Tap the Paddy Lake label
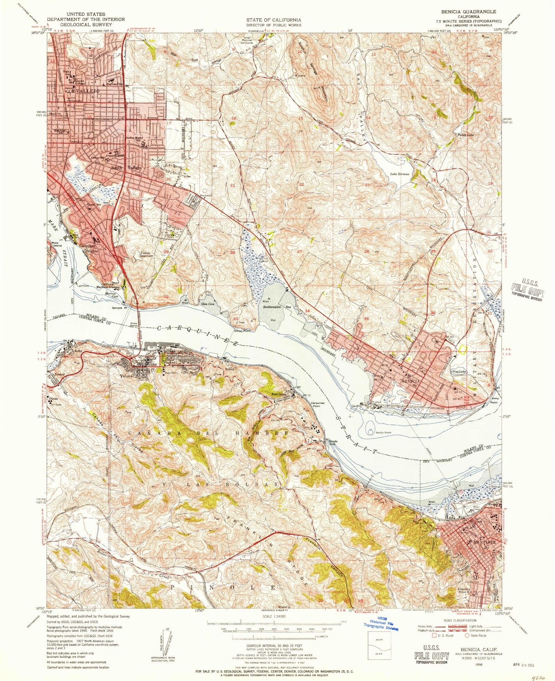(465, 135)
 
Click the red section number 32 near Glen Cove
(166, 296)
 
